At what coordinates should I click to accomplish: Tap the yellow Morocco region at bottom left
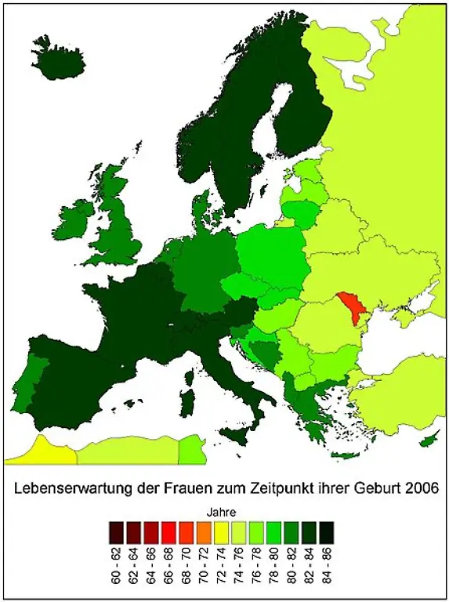point(39,452)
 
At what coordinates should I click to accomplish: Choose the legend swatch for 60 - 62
point(118,532)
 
